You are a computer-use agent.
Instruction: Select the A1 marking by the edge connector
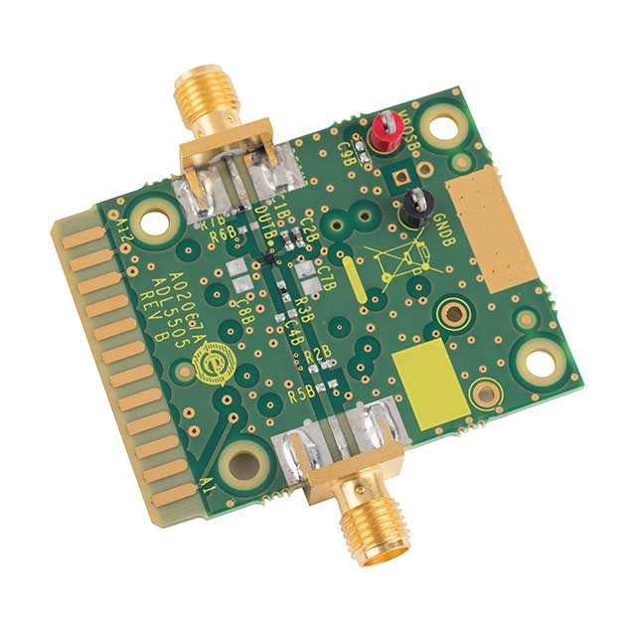pyautogui.click(x=207, y=487)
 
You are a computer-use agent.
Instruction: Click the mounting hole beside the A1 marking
pyautogui.click(x=239, y=462)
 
